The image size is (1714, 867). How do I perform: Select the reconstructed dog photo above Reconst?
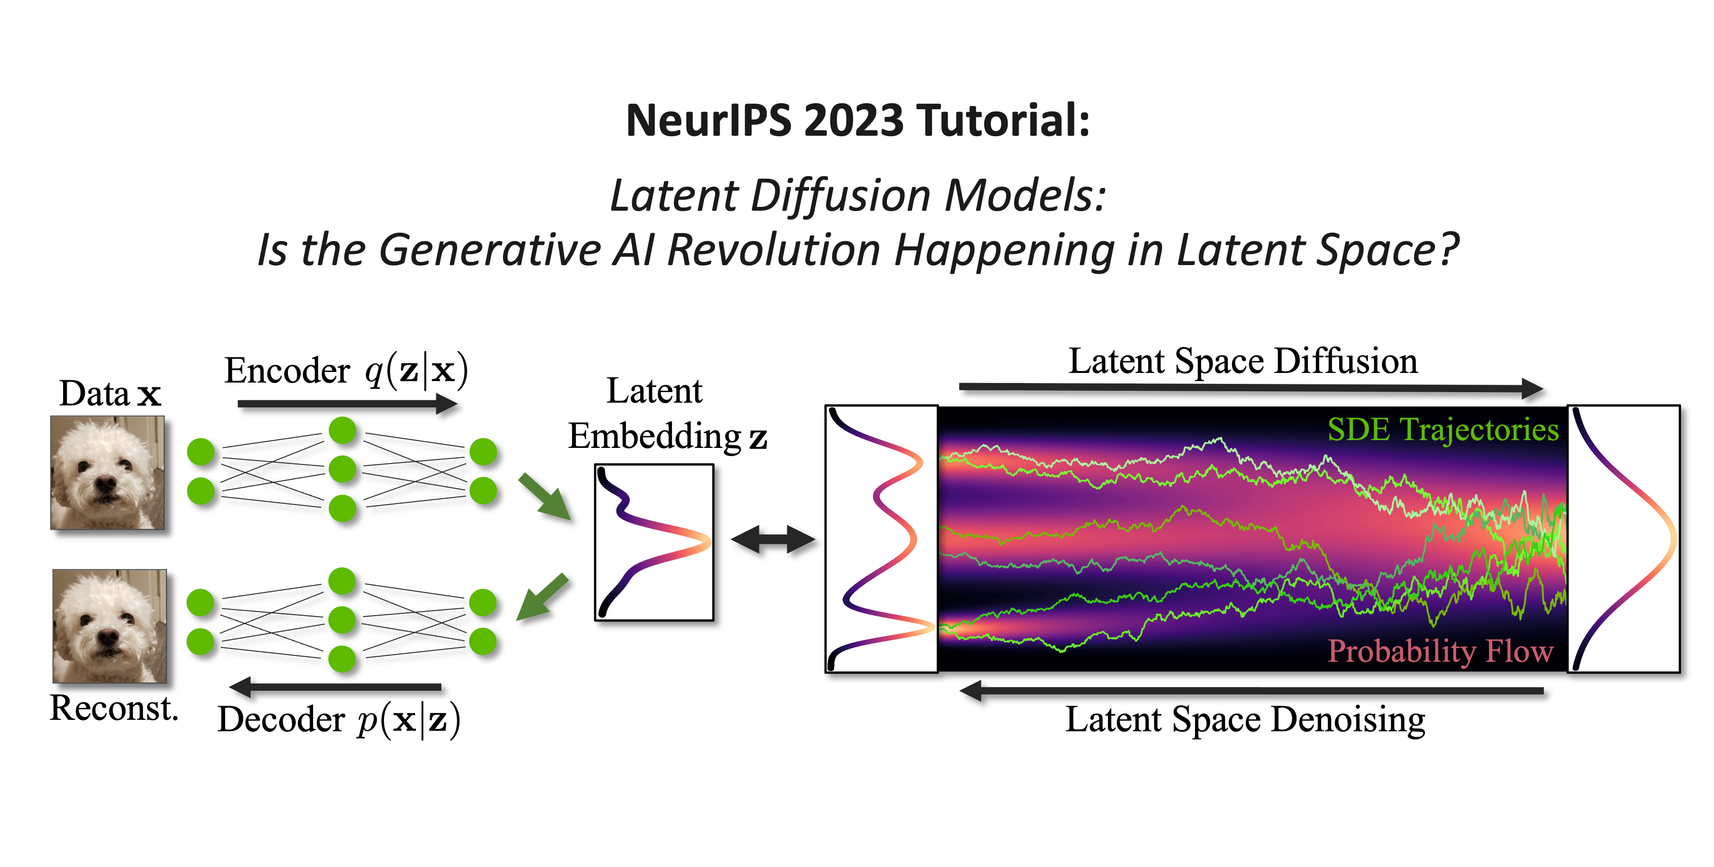pyautogui.click(x=110, y=626)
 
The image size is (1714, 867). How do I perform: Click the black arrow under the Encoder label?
pyautogui.click(x=347, y=403)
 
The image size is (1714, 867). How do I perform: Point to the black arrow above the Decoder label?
pyautogui.click(x=335, y=686)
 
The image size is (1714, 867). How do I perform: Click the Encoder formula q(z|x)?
pyautogui.click(x=416, y=371)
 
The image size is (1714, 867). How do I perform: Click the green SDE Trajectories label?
pyautogui.click(x=1442, y=430)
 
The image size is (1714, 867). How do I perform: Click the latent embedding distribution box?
pyautogui.click(x=654, y=543)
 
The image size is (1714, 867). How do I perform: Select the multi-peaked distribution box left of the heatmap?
pyautogui.click(x=881, y=539)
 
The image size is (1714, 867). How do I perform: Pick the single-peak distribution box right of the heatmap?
pyautogui.click(x=1623, y=539)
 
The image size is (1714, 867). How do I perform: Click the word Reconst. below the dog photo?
pyautogui.click(x=114, y=707)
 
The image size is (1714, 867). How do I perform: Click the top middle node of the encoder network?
pyautogui.click(x=343, y=431)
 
